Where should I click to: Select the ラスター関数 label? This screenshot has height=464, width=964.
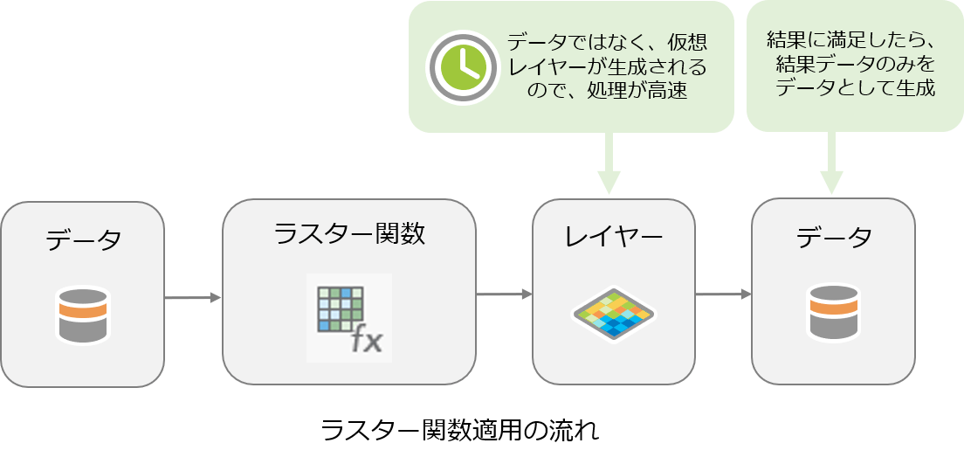tap(349, 233)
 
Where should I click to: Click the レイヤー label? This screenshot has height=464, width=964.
tap(614, 236)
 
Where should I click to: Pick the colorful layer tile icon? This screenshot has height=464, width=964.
tap(613, 313)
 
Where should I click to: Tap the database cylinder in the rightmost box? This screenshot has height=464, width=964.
tap(833, 312)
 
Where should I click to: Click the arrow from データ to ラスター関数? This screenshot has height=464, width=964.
tap(193, 299)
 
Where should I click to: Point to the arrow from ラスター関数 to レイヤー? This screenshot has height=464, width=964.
tap(505, 294)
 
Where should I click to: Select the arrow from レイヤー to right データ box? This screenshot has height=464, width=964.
tap(723, 294)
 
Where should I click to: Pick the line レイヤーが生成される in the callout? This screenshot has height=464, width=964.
tap(608, 66)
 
